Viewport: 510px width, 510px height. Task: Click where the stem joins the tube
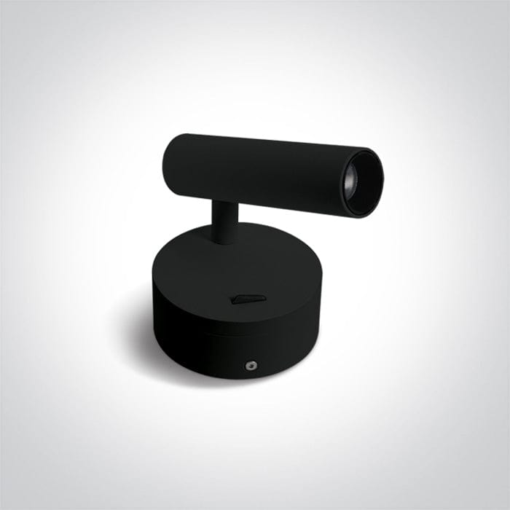pos(223,200)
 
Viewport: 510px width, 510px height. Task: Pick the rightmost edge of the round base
pos(321,291)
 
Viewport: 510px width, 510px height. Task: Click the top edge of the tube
pos(270,140)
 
